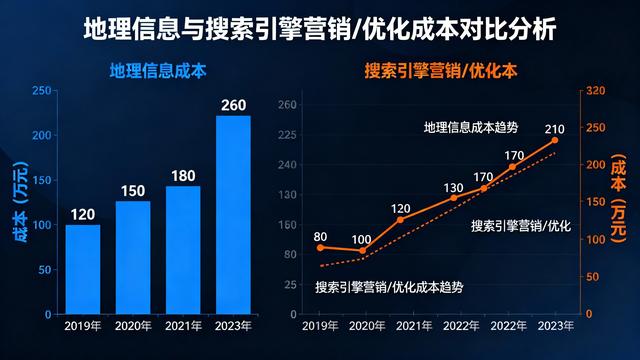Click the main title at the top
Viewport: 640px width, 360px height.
[x=320, y=26]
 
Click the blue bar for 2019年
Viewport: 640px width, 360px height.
[x=83, y=268]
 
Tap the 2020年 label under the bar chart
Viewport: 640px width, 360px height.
[x=133, y=325]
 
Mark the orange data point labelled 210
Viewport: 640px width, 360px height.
[x=555, y=140]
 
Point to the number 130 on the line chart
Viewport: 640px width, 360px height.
[x=452, y=187]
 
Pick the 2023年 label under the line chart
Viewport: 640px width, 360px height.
[x=555, y=325]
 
